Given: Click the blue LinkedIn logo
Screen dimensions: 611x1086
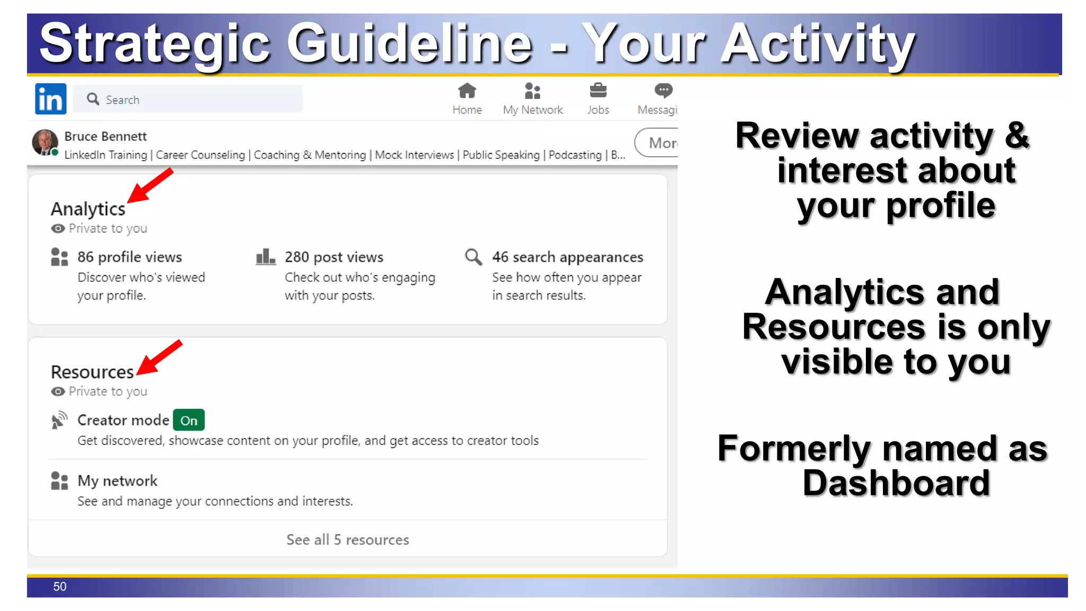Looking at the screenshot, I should (50, 99).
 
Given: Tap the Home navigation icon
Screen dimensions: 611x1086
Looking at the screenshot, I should (467, 91).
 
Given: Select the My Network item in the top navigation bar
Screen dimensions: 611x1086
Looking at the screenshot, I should (532, 99).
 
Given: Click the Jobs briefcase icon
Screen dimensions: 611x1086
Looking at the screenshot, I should (598, 91).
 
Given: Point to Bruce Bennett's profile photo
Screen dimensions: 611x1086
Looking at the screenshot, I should (45, 142).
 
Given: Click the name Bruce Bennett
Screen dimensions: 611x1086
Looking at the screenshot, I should (105, 136).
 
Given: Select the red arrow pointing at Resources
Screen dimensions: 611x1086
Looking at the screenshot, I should (159, 357).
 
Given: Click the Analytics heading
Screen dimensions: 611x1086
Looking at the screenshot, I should (88, 209).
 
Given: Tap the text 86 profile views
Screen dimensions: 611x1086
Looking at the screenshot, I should (129, 257).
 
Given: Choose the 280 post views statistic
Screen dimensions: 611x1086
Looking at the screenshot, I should (334, 257).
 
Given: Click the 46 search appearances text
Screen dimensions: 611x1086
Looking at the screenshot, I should (567, 257).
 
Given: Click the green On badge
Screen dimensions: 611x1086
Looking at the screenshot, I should (189, 421).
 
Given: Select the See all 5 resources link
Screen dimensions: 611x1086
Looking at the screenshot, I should (347, 539).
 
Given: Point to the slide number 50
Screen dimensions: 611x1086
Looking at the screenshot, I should (59, 587).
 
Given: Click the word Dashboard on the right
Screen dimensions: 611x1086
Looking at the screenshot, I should (896, 483).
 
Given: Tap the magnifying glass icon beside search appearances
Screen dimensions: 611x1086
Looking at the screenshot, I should (473, 257).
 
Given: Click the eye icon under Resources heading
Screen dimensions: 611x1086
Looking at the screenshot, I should (58, 391).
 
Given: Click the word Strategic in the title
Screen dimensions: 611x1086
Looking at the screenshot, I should (154, 43).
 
